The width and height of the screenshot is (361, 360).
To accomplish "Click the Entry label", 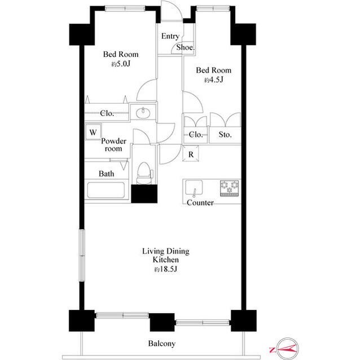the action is (x=170, y=36).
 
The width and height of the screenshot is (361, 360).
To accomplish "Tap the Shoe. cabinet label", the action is (x=186, y=47).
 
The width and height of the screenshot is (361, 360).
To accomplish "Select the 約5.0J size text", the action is (x=121, y=64).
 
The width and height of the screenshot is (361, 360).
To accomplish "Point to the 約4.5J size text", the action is (x=214, y=80).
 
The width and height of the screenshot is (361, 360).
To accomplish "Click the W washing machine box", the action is (x=93, y=132).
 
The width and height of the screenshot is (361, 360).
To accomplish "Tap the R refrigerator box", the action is (x=191, y=153).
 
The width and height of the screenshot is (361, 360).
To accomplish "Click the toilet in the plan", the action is (x=144, y=173).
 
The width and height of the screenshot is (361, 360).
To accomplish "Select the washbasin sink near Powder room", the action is (x=143, y=113).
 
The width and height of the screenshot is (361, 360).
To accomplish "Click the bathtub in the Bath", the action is (x=106, y=190).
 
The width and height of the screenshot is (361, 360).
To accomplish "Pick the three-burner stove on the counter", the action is (x=230, y=188).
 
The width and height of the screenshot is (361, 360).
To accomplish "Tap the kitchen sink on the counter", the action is (x=194, y=188).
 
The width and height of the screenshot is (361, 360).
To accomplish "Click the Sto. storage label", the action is (x=225, y=135).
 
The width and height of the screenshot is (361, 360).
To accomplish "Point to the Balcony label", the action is (x=162, y=344).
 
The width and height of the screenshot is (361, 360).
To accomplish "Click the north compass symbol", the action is (x=287, y=349).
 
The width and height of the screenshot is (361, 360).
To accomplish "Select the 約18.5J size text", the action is (x=166, y=269).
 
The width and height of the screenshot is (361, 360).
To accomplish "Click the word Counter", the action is (x=200, y=203).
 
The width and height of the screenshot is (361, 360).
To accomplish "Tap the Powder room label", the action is (x=114, y=145).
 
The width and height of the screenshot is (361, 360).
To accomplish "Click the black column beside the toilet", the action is (x=144, y=194).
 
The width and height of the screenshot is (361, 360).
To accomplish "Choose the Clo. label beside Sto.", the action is (x=196, y=135).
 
